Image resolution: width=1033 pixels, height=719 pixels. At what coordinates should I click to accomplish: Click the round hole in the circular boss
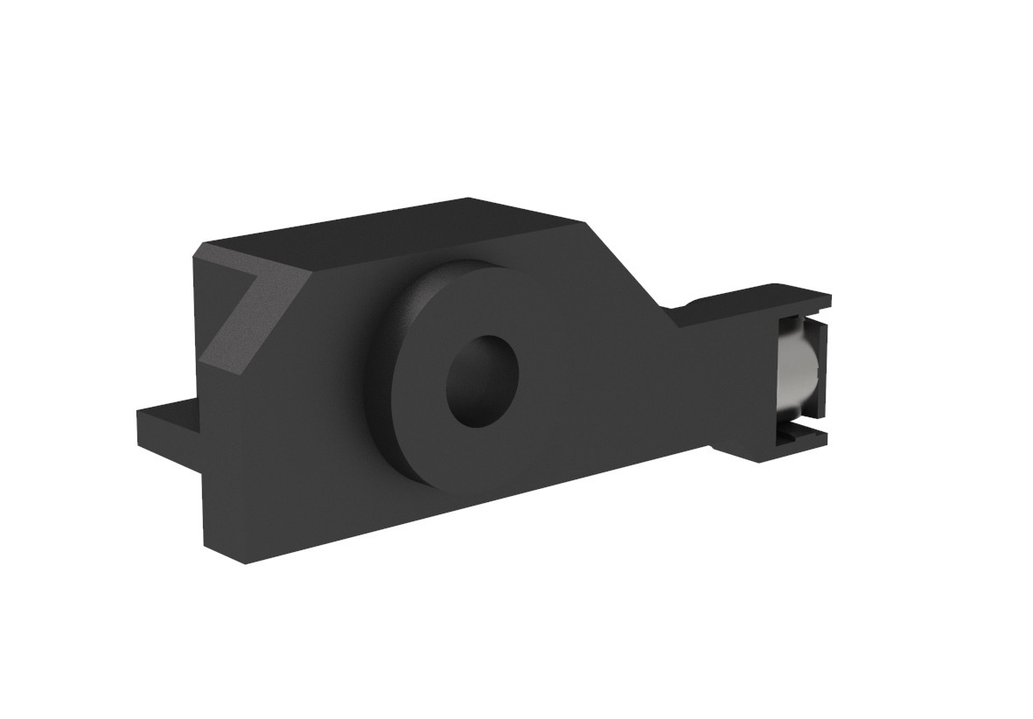pyautogui.click(x=482, y=380)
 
